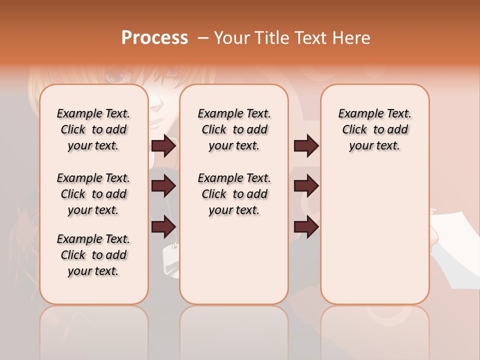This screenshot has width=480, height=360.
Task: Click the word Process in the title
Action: click(154, 38)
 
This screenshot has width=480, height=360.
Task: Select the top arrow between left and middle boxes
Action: click(164, 146)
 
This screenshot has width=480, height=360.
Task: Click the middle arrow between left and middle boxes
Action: click(164, 186)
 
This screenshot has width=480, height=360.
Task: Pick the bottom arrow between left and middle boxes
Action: click(164, 227)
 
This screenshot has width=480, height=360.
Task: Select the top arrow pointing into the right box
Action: click(306, 146)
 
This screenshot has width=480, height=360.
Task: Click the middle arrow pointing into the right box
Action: click(306, 186)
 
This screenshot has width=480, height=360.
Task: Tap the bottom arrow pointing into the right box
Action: click(306, 227)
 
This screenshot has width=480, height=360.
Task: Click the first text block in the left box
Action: click(93, 129)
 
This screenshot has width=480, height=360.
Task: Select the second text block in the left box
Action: click(93, 194)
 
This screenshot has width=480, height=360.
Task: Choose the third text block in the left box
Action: click(93, 255)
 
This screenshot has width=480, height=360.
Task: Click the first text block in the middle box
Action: click(234, 129)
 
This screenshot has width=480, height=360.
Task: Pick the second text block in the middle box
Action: click(234, 194)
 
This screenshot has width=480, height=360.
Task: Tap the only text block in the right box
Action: click(375, 129)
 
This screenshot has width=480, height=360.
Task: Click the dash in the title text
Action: click(203, 38)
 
